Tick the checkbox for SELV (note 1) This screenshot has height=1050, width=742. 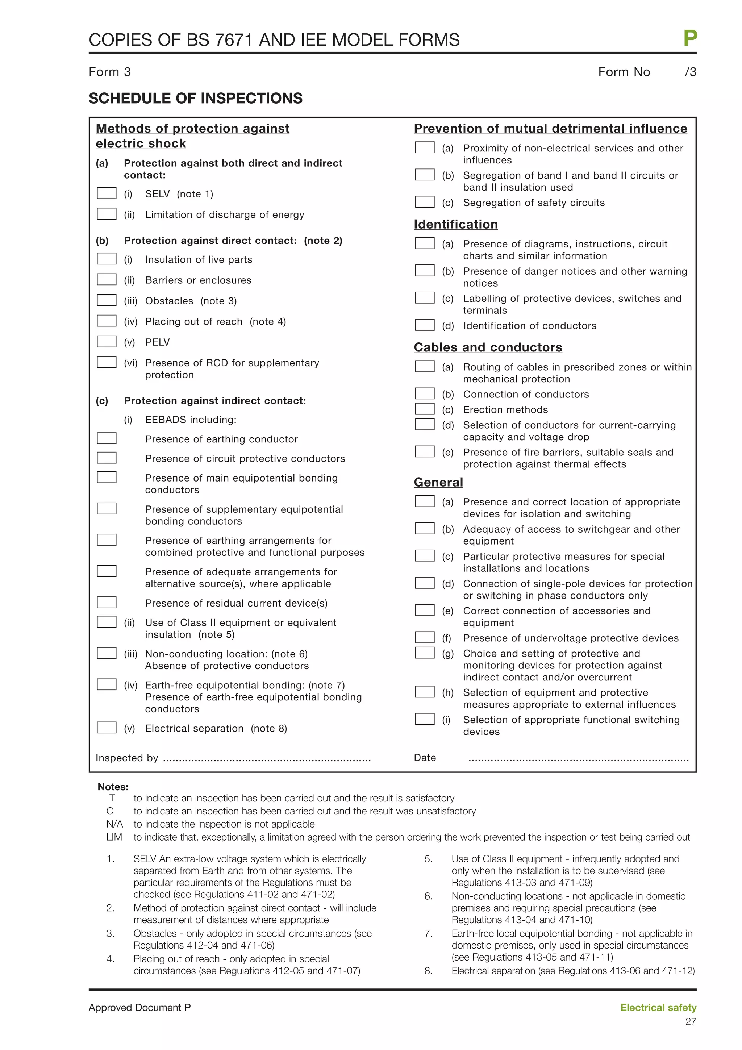[x=107, y=193]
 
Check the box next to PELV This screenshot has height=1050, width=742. [x=107, y=342]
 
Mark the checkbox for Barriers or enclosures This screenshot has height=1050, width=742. [x=107, y=279]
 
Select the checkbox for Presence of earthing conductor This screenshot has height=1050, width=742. [x=107, y=438]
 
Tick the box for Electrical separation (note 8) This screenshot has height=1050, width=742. [x=107, y=728]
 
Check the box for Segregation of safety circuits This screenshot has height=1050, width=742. [x=425, y=202]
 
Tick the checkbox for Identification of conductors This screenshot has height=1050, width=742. [x=425, y=325]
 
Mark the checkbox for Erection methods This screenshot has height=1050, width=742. [x=425, y=409]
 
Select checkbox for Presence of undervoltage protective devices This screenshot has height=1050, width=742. [x=425, y=637]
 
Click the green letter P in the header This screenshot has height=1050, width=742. [x=690, y=38]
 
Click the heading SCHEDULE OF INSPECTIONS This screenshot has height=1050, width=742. [x=195, y=98]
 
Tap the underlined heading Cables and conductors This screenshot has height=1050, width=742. [x=488, y=347]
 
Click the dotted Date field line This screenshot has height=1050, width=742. [x=578, y=759]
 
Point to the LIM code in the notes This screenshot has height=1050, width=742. [x=114, y=837]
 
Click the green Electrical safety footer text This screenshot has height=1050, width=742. [x=658, y=1008]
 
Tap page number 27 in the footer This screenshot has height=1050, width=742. [x=690, y=1022]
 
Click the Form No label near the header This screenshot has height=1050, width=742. [x=624, y=72]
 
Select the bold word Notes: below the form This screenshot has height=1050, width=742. [x=113, y=787]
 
